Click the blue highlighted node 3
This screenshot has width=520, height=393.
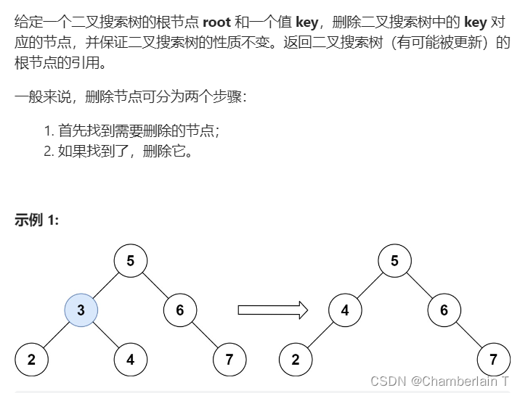[81, 310]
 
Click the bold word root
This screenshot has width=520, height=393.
[216, 22]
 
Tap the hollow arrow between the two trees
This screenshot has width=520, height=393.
[272, 310]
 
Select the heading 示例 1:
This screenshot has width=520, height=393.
[36, 220]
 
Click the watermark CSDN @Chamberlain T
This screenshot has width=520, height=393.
[440, 381]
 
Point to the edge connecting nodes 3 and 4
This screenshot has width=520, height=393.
[106, 335]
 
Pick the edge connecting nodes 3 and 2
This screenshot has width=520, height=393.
[57, 335]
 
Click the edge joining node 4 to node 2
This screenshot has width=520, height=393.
[321, 335]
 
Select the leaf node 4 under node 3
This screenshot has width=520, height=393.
[131, 360]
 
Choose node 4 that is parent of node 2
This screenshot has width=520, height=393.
[345, 310]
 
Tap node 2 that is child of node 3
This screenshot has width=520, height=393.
[32, 360]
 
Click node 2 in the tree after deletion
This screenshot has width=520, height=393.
[296, 360]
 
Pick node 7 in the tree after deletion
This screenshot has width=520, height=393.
[493, 360]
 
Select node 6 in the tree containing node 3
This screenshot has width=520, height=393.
[179, 310]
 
